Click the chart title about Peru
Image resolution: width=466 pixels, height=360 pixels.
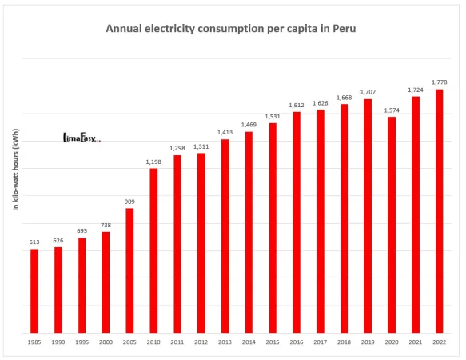coord(231,29)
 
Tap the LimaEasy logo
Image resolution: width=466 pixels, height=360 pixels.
coord(81,138)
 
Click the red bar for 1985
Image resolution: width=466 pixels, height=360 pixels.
coord(34,291)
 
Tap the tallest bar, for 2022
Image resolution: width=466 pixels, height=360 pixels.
coord(439,211)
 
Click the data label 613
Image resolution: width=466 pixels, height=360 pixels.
coord(34,242)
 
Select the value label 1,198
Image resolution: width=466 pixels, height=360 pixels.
coord(153,162)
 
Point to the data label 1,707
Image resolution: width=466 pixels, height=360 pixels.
coord(368,92)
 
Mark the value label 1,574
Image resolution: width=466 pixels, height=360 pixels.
coord(392,110)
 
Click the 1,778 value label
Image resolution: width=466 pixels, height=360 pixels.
coord(439,82)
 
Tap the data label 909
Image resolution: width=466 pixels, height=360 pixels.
coord(129,202)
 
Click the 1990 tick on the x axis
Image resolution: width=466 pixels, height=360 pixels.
coord(58,342)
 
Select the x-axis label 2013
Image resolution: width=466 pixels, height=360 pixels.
coord(225,342)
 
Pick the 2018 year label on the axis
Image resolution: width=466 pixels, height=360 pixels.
coord(344,342)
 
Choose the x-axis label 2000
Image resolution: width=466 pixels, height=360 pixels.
coord(106,342)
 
